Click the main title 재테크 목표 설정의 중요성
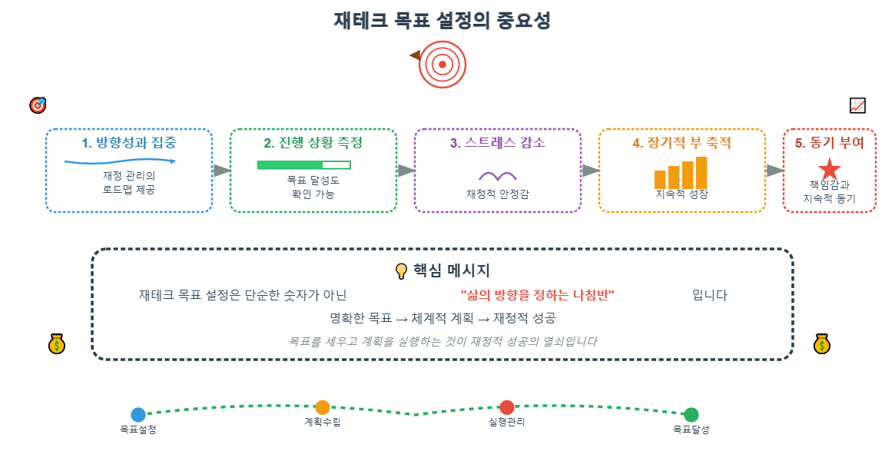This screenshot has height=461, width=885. pos(442,21)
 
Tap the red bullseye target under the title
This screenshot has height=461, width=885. pos(442,65)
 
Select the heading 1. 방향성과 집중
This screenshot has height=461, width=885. pos(128,143)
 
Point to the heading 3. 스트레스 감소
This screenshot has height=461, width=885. pos(497,143)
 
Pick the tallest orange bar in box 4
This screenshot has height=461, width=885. pos(701,172)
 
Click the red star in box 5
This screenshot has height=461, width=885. pos(829,169)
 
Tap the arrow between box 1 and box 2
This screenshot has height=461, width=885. pos(221,171)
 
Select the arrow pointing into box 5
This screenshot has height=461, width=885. pos(774,171)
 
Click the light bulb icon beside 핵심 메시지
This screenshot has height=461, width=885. pos(400,271)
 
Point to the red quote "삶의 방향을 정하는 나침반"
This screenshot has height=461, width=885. pos(538,296)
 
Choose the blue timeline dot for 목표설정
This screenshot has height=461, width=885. pos(138,415)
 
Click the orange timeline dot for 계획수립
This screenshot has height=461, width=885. pos(323,407)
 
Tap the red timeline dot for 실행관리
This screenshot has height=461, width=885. pos(506,407)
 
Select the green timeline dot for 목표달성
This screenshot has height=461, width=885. pos(691,415)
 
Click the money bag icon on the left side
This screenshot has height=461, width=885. pos(57,344)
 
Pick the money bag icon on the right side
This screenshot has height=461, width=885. pos(822,344)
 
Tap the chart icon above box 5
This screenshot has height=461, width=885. pos(857,105)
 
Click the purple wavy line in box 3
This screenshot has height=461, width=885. pos(497,176)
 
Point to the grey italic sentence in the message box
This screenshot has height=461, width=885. pos(442,341)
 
